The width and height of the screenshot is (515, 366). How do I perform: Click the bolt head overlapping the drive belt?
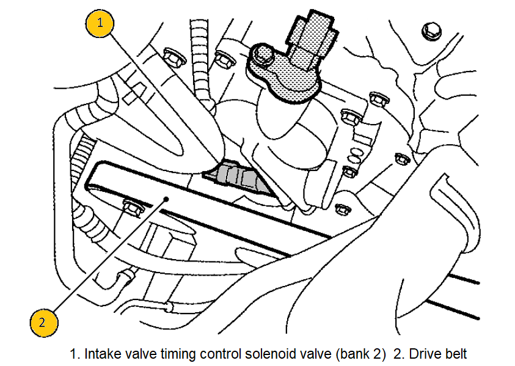click(x=132, y=207)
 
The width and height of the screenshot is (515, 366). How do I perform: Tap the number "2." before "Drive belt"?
click(x=398, y=353)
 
